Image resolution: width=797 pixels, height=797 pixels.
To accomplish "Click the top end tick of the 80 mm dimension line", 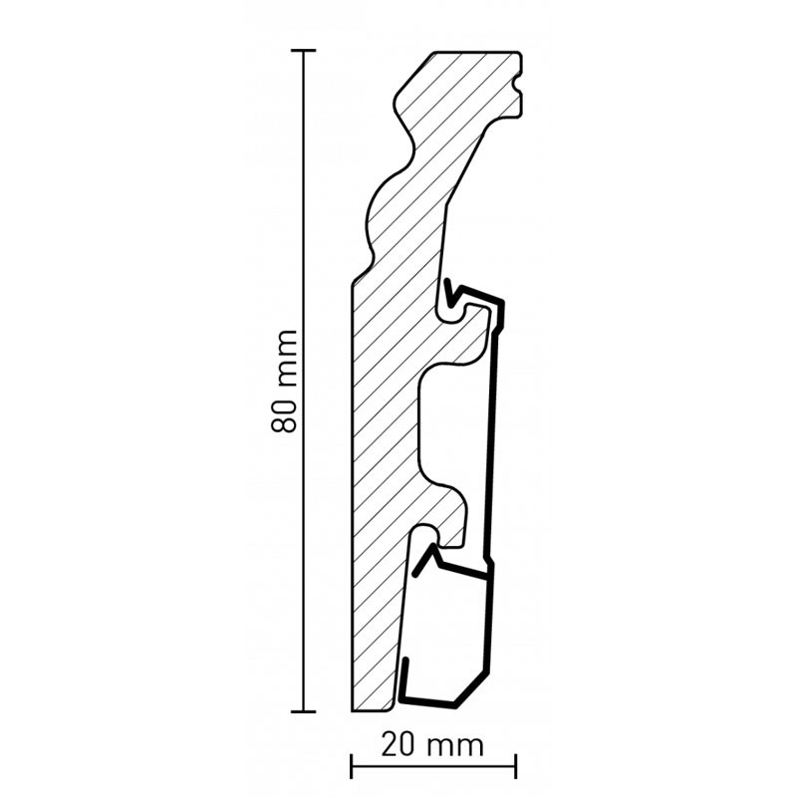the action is [x=304, y=51].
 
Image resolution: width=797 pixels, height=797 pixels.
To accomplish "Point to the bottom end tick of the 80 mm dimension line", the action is [x=304, y=711].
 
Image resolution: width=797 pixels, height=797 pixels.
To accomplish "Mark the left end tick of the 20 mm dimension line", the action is [x=352, y=766].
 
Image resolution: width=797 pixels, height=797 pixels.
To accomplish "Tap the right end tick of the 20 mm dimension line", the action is [x=516, y=766].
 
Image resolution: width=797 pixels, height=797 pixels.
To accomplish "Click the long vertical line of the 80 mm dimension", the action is [x=304, y=381].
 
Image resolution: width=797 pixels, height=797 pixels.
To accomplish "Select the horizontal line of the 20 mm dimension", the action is [x=433, y=766].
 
